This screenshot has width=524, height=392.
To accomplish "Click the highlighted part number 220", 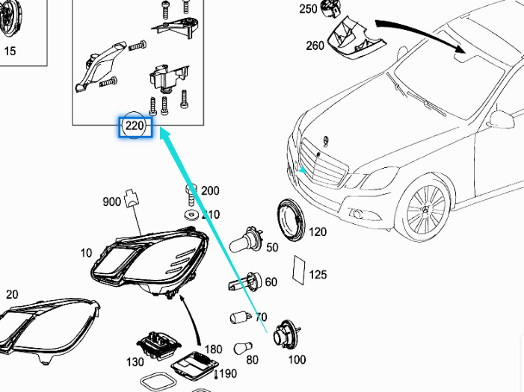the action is (x=135, y=126).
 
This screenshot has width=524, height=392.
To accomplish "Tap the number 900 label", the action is (x=112, y=202).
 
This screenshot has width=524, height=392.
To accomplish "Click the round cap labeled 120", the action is (x=292, y=220).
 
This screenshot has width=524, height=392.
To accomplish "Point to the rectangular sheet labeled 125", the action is (x=299, y=270).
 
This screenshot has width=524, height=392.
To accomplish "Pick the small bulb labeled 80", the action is (x=243, y=349).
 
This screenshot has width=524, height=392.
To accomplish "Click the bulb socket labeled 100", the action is (x=285, y=335).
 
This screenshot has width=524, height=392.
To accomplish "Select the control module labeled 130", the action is (x=158, y=346).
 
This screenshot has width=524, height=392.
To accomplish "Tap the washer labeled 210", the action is (x=191, y=215).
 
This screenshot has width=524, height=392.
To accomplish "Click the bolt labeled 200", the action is (x=191, y=194).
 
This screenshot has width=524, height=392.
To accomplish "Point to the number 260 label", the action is (x=315, y=46).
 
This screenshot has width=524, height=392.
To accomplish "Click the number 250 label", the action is (x=308, y=9).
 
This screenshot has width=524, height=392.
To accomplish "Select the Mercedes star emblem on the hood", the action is (x=327, y=141).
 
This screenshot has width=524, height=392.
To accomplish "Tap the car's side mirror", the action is (x=502, y=119).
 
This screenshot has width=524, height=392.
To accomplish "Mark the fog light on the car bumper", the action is (x=357, y=214).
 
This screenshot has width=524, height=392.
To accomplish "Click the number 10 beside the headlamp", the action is (x=86, y=253).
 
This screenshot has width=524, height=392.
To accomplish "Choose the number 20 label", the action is (x=12, y=294).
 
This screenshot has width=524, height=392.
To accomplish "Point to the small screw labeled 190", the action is (x=216, y=374).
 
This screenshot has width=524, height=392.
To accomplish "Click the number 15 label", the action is (x=10, y=51).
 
